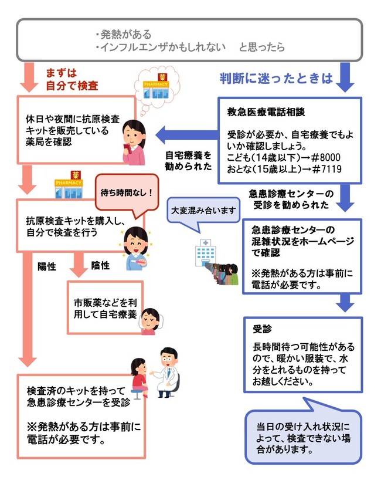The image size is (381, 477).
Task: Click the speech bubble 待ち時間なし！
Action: point(125,191)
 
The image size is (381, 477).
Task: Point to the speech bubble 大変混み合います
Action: point(203,209)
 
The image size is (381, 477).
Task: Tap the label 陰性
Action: point(100,265)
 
